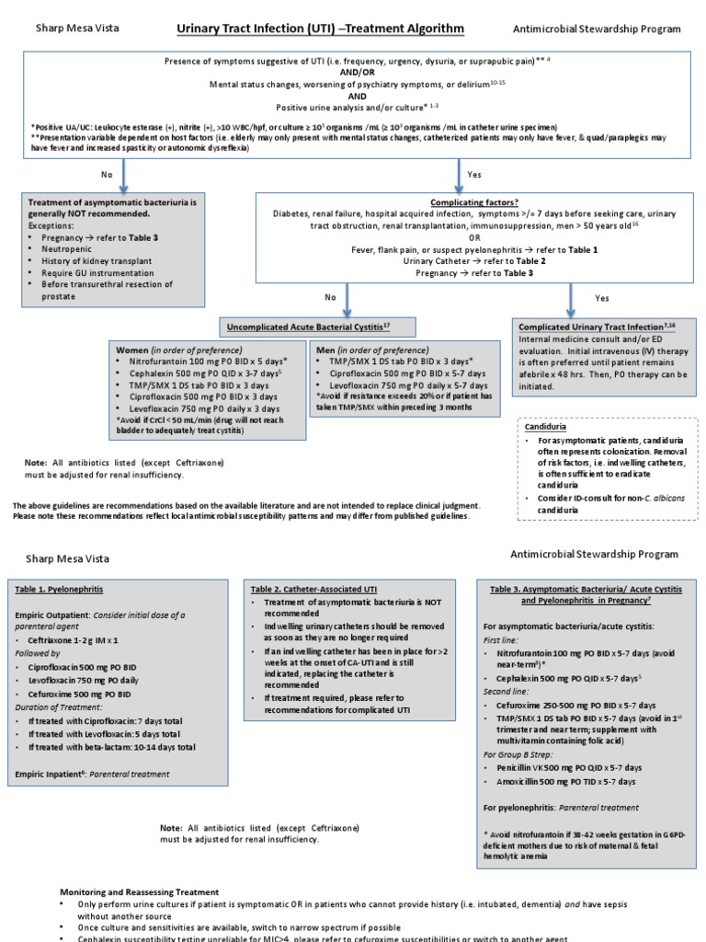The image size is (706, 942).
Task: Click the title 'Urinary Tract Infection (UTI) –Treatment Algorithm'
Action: pos(321,29)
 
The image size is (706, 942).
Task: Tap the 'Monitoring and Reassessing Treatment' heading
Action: pos(140,891)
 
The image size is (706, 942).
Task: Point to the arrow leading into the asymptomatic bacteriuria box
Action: pos(121,175)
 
